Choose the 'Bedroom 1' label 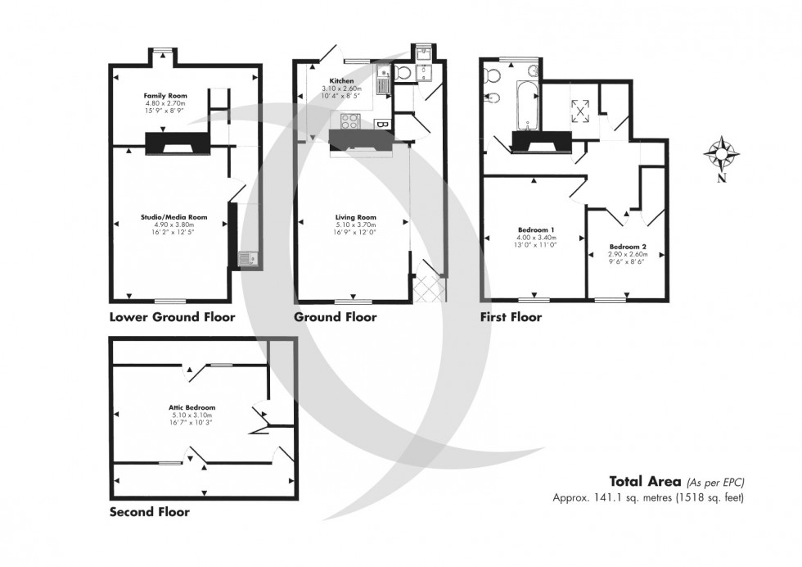536,229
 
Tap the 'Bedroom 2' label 628,247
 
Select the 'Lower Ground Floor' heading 172,317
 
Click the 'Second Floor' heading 150,512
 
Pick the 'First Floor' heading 511,317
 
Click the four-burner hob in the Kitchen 349,122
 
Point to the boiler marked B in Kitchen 381,124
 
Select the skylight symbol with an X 582,109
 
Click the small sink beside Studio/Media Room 247,260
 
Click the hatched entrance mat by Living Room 430,289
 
